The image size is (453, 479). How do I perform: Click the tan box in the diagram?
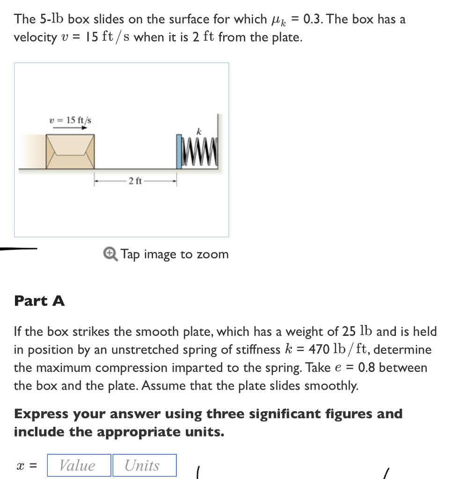70,152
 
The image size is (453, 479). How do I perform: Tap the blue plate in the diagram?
179,152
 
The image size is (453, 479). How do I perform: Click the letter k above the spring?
198,132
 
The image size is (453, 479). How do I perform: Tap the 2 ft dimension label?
135,181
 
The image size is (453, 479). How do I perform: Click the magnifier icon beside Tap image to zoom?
110,254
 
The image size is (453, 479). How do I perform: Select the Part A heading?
40,301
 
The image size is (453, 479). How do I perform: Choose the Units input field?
145,465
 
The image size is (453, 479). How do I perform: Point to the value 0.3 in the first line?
313,19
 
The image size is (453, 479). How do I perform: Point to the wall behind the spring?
219,140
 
